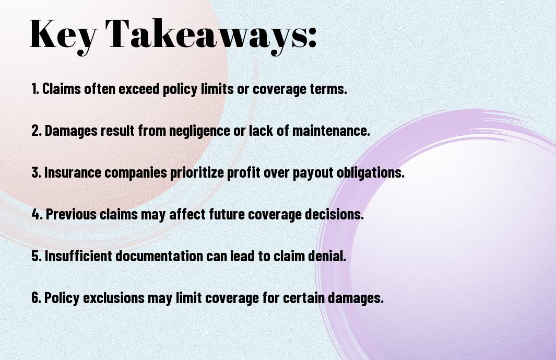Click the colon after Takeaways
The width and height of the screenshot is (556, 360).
(312, 37)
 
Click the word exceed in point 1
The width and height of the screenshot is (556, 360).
(139, 89)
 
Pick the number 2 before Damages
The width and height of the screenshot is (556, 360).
(36, 131)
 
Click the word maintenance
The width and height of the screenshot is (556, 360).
(331, 131)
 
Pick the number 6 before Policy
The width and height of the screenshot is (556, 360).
(36, 297)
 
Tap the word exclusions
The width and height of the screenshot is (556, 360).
(113, 297)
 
